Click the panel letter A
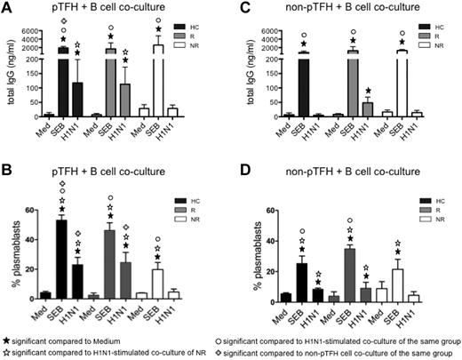point(7,9)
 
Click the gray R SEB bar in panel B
point(111,276)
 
